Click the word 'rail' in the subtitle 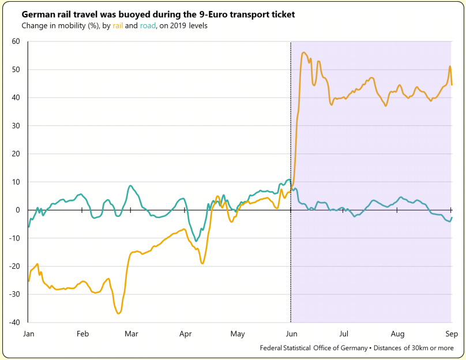(118, 26)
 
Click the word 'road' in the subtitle (148, 26)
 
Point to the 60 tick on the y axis (16, 42)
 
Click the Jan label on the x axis (28, 333)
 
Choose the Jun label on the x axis (291, 333)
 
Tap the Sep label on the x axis (450, 333)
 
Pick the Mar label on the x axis (131, 333)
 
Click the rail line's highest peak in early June (304, 52)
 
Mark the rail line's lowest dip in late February (119, 313)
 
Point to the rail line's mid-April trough (202, 263)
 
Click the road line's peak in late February (131, 186)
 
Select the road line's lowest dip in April (196, 241)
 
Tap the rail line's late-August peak (449, 66)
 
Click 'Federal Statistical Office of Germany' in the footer (313, 348)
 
